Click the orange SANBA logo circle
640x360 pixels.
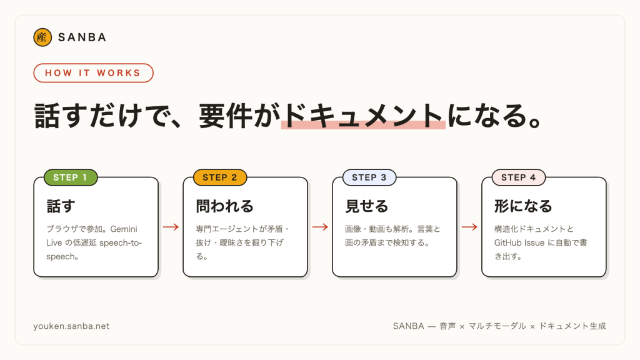point(42,37)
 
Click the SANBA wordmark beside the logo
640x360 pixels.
point(82,37)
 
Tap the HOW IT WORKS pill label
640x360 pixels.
point(93,73)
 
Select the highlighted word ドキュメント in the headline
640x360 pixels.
point(363,116)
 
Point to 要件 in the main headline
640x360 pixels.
point(226,116)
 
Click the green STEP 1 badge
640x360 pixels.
point(71,177)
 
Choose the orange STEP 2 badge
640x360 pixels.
point(219,177)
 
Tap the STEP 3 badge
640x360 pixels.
point(369,177)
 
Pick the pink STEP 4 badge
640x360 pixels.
point(518,177)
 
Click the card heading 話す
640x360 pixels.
point(61,206)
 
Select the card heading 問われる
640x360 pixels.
point(224,206)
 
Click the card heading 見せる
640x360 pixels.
point(366,206)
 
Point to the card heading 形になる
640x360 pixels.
point(523,206)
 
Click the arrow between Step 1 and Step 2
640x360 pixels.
point(171,227)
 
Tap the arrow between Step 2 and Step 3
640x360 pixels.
point(320,227)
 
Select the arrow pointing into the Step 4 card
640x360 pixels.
point(469,227)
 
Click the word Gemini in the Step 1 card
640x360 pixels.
point(124,229)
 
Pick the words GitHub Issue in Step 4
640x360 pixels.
point(519,243)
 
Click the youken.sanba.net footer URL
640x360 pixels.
point(71,326)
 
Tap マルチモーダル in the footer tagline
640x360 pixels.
point(497,326)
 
